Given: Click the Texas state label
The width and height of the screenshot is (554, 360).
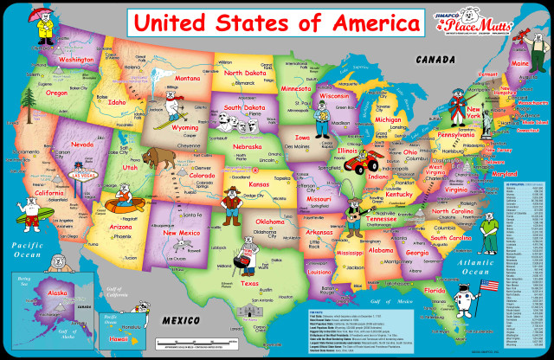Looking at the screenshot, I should pos(249,283).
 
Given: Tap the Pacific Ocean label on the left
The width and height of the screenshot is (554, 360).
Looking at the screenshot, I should pos(26,250).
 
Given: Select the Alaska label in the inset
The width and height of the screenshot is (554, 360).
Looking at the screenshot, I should pos(58,294).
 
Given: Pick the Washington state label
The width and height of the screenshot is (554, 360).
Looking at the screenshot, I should pos(76,60).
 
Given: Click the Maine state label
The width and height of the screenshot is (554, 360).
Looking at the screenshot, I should pos(521,63).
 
